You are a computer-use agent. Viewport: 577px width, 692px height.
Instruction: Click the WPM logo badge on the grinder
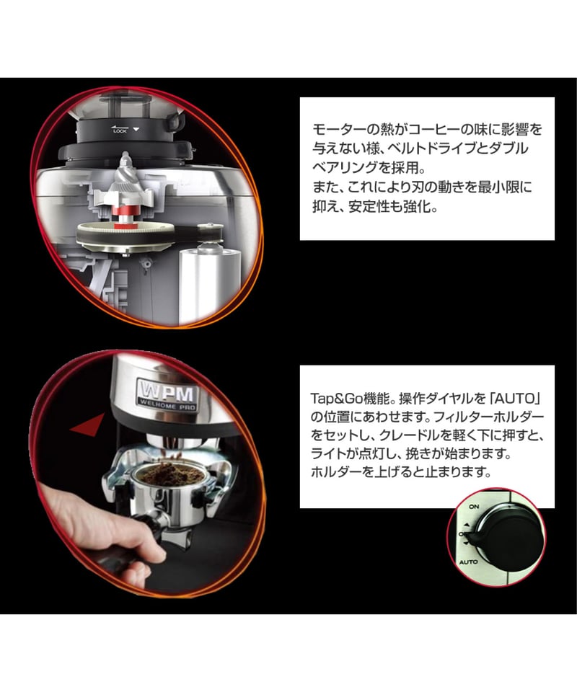167,394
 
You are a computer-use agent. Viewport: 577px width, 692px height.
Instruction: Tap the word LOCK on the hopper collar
120,131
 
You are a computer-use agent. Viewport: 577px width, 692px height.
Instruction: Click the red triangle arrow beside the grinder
87,424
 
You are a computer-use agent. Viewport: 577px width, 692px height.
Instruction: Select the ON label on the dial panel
474,507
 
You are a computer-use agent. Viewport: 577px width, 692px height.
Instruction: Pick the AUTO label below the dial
468,562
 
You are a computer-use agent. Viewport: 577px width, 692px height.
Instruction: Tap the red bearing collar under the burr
125,215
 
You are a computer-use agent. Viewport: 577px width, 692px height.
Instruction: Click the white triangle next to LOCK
136,130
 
